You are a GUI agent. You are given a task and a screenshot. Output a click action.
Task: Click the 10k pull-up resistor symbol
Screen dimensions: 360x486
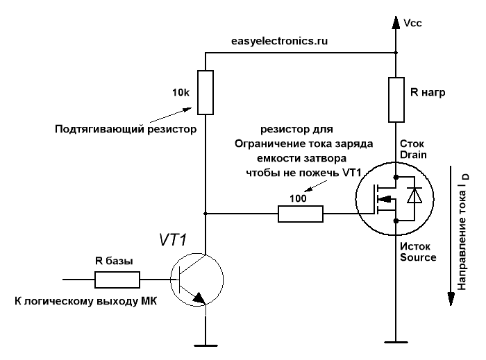206,92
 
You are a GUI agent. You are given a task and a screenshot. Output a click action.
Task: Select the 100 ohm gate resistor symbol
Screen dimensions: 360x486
301,215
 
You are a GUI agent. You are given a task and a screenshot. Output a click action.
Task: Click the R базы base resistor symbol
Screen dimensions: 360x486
117,280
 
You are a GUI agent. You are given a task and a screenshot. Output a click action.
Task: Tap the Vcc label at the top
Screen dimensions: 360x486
412,23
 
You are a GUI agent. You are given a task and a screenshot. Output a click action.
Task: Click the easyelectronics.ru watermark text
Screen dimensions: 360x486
279,41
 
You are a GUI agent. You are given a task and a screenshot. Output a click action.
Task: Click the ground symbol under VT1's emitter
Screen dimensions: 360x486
206,342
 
